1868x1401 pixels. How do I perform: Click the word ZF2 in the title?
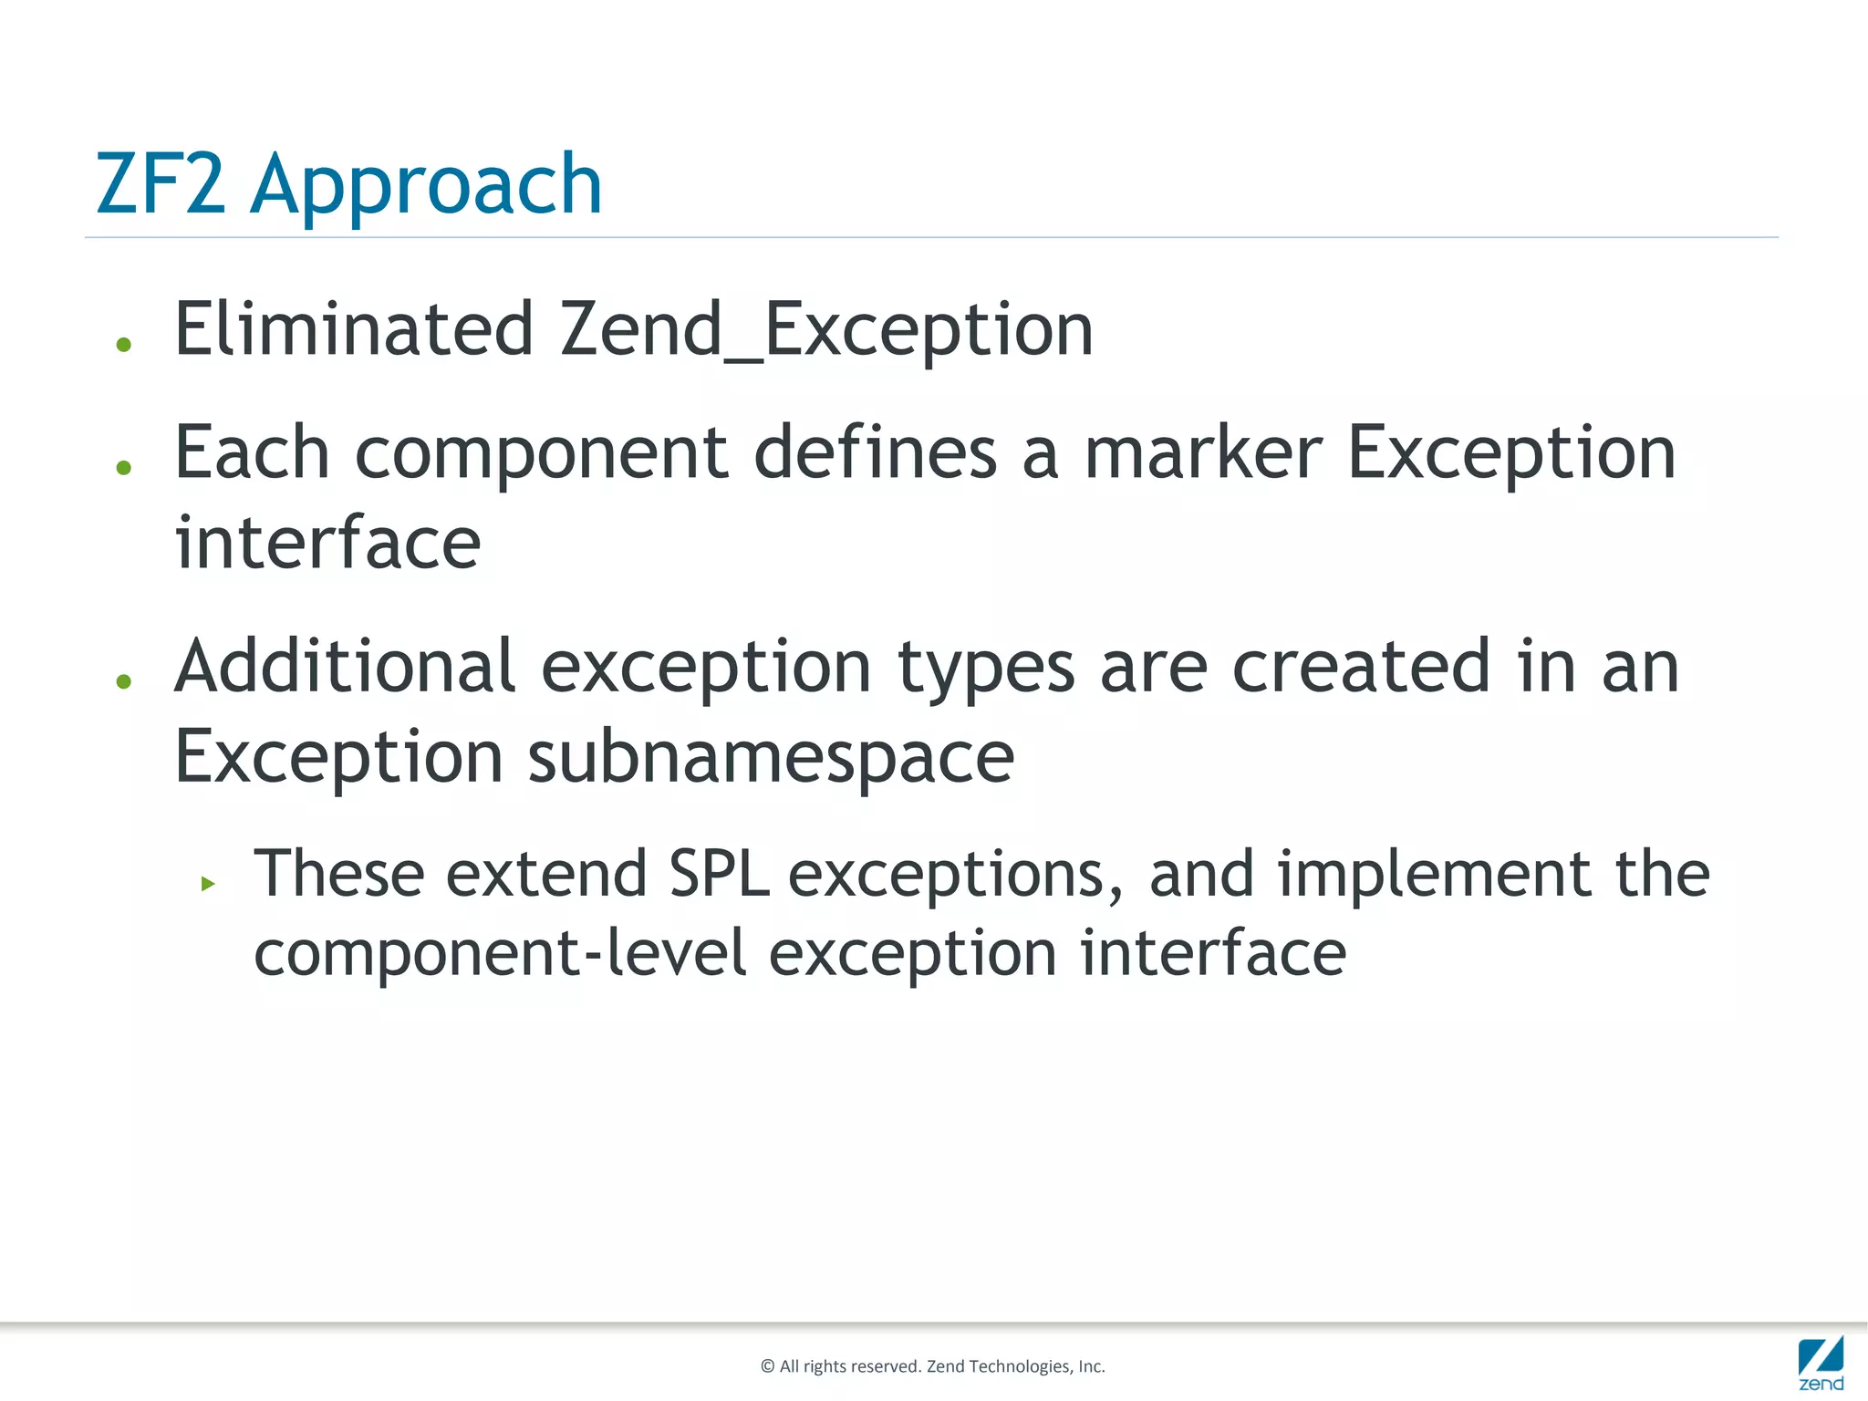(x=161, y=185)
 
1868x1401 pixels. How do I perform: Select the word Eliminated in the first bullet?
(x=354, y=329)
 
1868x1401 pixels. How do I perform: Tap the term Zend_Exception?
(x=826, y=329)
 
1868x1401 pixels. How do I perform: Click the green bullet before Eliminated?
(x=125, y=345)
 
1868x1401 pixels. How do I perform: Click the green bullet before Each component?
(x=125, y=468)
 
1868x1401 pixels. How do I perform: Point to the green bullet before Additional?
(x=125, y=681)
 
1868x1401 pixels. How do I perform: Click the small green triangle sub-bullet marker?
(x=208, y=883)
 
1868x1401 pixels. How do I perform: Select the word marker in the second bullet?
(x=1202, y=453)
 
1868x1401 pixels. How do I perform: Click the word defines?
(x=875, y=453)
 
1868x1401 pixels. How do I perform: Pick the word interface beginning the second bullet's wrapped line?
(x=327, y=543)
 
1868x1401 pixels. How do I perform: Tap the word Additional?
(x=345, y=667)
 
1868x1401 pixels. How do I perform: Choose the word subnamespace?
(x=771, y=757)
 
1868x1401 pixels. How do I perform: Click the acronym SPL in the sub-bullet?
(x=719, y=874)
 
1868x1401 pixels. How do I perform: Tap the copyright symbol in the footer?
(x=767, y=1366)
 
